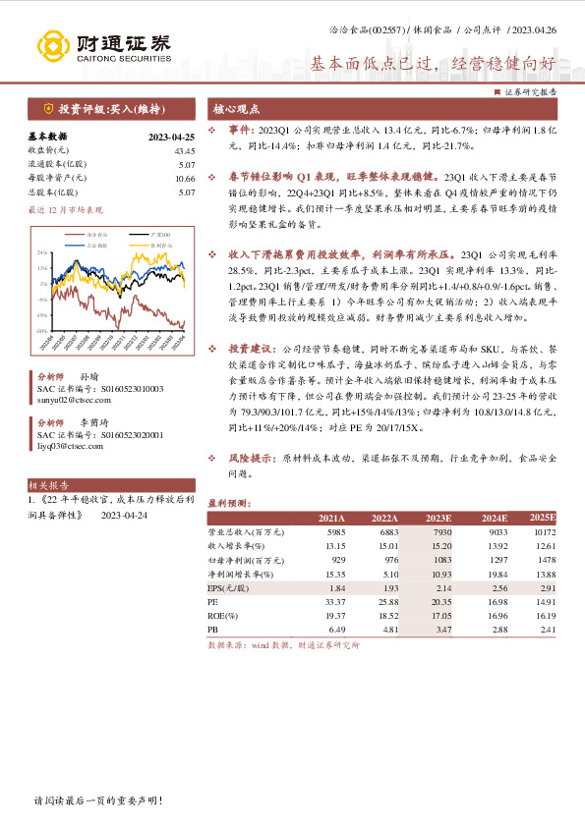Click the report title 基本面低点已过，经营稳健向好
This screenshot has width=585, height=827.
[434, 65]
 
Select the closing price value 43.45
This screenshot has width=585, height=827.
[185, 150]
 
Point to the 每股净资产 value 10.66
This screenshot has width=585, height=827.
[185, 178]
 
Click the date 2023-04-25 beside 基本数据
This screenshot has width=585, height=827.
[173, 137]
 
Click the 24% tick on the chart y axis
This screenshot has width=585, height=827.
[42, 252]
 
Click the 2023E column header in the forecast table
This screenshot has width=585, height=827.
[438, 517]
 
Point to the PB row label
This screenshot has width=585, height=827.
[213, 628]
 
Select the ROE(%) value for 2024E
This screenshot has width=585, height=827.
[494, 613]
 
